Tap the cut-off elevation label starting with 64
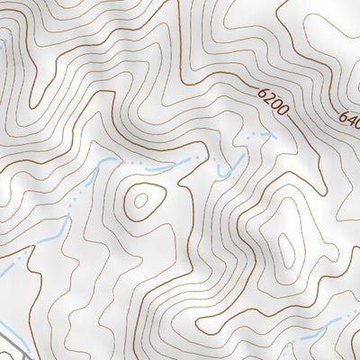click(350, 116)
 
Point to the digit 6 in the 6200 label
click(263, 93)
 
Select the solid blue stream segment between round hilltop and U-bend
click(162, 168)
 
